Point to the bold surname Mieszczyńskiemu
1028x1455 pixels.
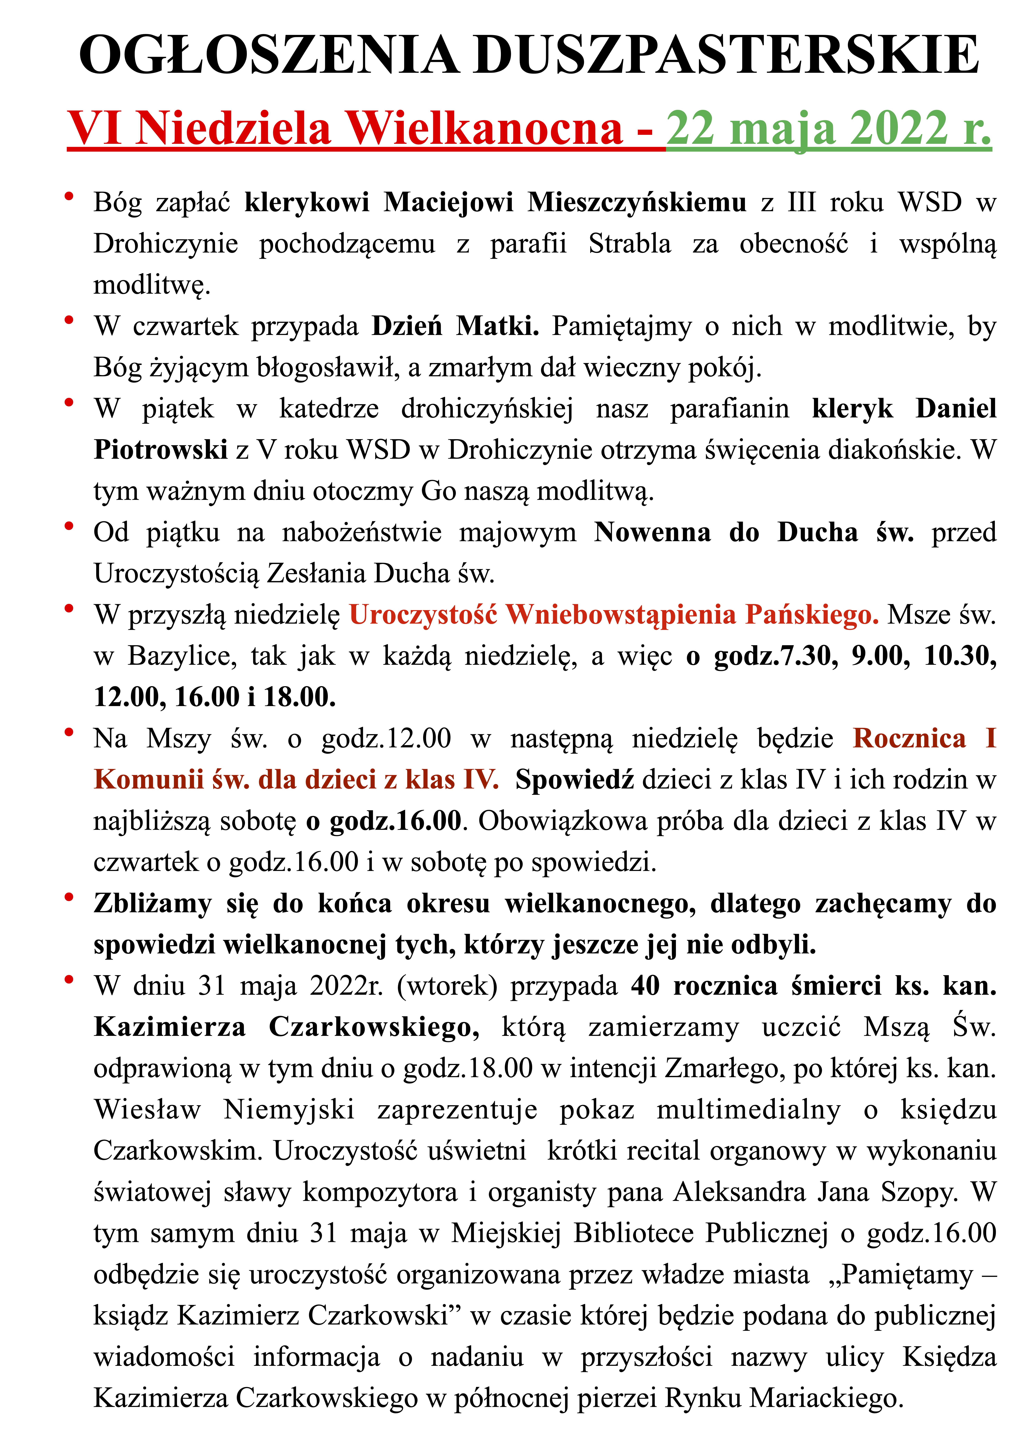click(637, 203)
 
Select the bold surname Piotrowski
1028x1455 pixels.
click(161, 450)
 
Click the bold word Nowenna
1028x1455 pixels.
click(652, 532)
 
